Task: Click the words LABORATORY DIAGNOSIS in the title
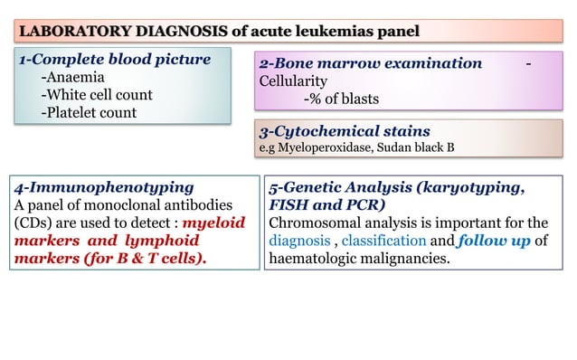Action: tap(122, 33)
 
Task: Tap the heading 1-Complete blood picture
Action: tap(115, 61)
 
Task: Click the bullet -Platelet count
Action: tap(89, 112)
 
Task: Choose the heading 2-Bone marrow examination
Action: tap(371, 63)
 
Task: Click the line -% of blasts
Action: tap(341, 99)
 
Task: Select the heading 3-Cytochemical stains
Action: tap(345, 131)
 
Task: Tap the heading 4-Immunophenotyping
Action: tap(103, 187)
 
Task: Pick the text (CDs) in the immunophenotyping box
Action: tap(34, 223)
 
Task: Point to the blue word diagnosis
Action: tap(301, 242)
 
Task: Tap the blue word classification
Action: tap(383, 242)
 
